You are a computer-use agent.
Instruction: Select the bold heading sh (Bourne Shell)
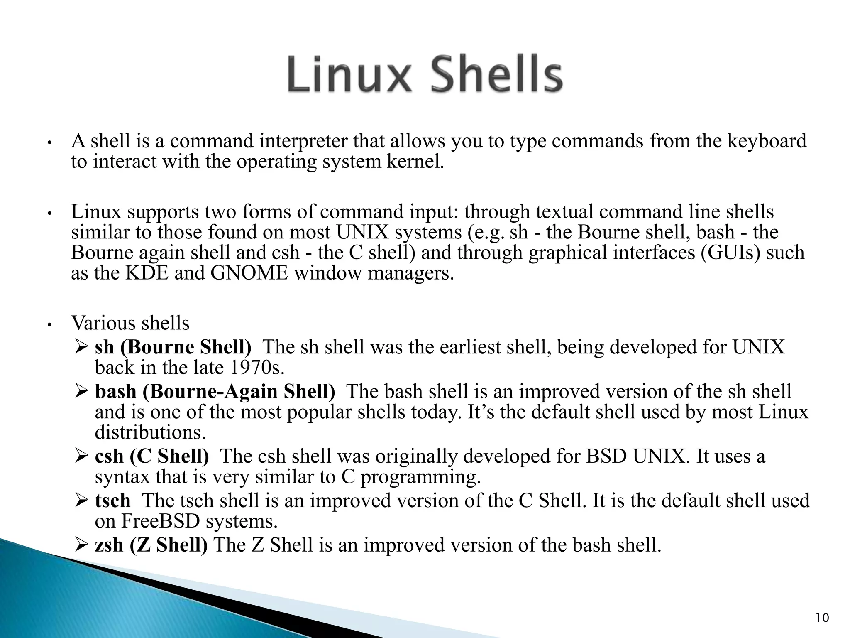(x=173, y=347)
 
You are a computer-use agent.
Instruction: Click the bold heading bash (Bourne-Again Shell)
(x=215, y=392)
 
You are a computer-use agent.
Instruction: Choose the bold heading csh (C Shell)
(x=152, y=456)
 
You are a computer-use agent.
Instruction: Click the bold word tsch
(x=112, y=501)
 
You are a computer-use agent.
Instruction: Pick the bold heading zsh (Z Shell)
(x=151, y=545)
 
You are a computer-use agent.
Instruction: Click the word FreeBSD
(x=160, y=521)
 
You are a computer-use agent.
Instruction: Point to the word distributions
(x=150, y=433)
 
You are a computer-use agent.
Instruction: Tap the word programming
(x=420, y=477)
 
